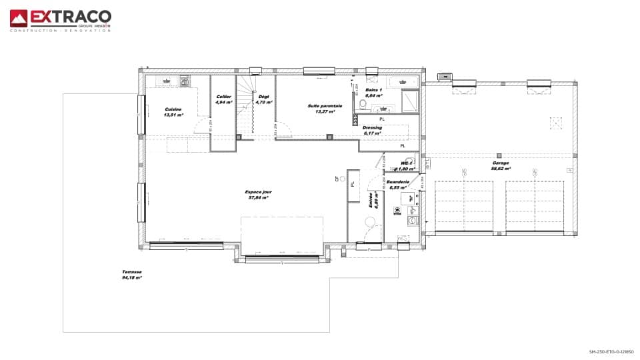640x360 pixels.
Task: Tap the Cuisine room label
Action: [173, 111]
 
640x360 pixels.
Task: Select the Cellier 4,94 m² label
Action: [223, 100]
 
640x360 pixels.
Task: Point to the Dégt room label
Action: [264, 100]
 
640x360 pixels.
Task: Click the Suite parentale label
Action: [325, 108]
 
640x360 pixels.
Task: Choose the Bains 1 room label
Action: [374, 92]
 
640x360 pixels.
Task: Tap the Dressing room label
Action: [372, 130]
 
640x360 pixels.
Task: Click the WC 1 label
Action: [407, 165]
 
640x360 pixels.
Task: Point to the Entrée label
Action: [374, 201]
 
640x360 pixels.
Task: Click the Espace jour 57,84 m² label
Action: [258, 195]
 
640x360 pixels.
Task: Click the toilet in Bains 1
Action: [363, 104]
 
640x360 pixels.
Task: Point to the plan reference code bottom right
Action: [611, 351]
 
